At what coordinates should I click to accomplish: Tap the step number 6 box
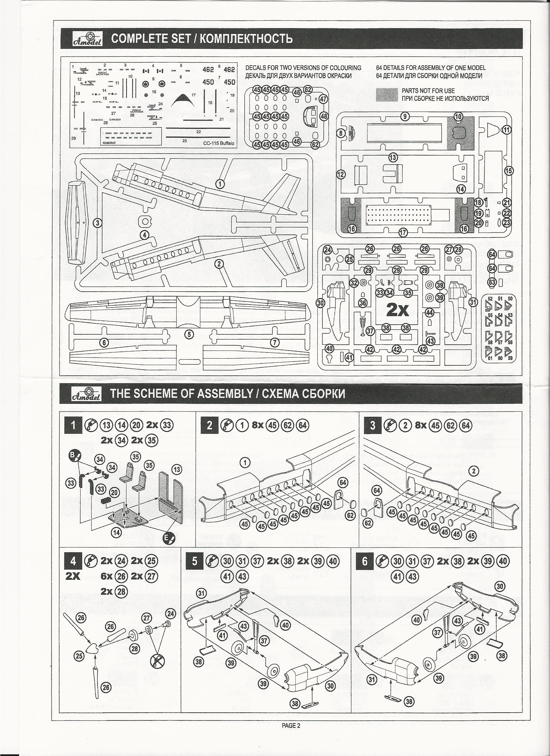[x=365, y=562]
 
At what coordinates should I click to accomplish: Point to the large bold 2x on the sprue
[x=397, y=310]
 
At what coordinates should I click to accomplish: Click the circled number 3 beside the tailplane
[x=97, y=223]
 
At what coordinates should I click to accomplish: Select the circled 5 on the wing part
[x=189, y=334]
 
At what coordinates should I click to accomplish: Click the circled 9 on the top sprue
[x=405, y=116]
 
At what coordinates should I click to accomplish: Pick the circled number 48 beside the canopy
[x=324, y=116]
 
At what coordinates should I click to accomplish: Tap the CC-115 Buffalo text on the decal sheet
[x=218, y=143]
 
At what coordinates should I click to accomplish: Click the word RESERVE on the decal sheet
[x=109, y=143]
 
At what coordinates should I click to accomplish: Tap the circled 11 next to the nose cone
[x=507, y=130]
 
